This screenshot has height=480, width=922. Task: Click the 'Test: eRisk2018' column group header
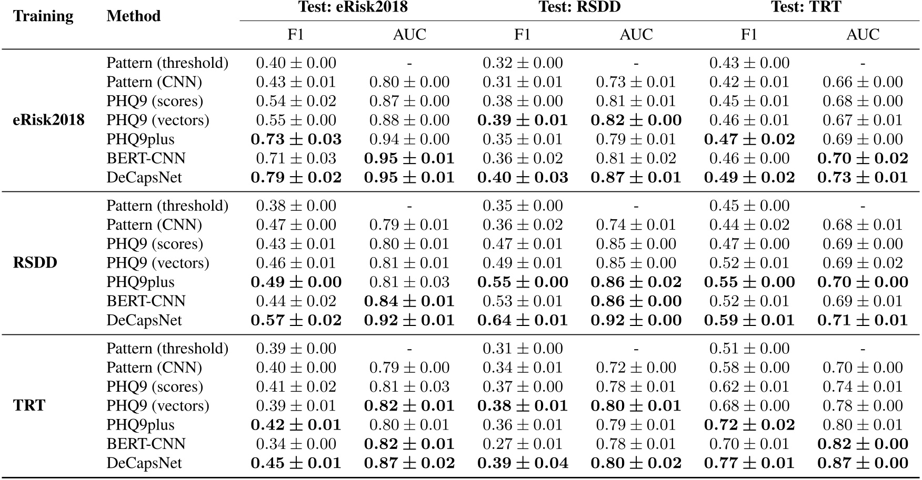tap(353, 7)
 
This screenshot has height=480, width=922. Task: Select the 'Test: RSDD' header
tap(579, 7)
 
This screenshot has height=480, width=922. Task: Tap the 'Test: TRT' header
tap(806, 7)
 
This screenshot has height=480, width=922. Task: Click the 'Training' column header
tap(43, 16)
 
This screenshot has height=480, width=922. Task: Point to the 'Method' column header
tap(133, 16)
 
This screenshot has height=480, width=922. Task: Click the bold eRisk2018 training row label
tap(48, 120)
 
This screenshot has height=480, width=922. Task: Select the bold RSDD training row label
tap(35, 263)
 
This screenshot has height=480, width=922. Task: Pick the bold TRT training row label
tap(29, 406)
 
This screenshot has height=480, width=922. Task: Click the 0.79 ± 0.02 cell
tap(296, 178)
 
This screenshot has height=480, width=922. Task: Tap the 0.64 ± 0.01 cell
tap(522, 320)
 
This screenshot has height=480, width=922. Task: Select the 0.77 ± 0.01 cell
tap(749, 463)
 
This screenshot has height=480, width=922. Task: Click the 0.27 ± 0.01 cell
tap(522, 444)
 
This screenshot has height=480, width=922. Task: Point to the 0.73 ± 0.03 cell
tap(296, 139)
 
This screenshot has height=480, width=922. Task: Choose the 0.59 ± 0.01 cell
tap(749, 320)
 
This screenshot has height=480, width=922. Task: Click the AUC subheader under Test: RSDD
tap(636, 35)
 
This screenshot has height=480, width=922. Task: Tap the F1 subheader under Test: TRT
tap(749, 35)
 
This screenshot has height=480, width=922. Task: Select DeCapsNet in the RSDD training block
tap(144, 320)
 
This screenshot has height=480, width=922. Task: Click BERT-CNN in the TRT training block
tap(146, 444)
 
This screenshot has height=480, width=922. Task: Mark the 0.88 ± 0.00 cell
tap(409, 120)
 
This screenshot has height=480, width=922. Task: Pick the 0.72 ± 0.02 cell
tap(749, 425)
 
